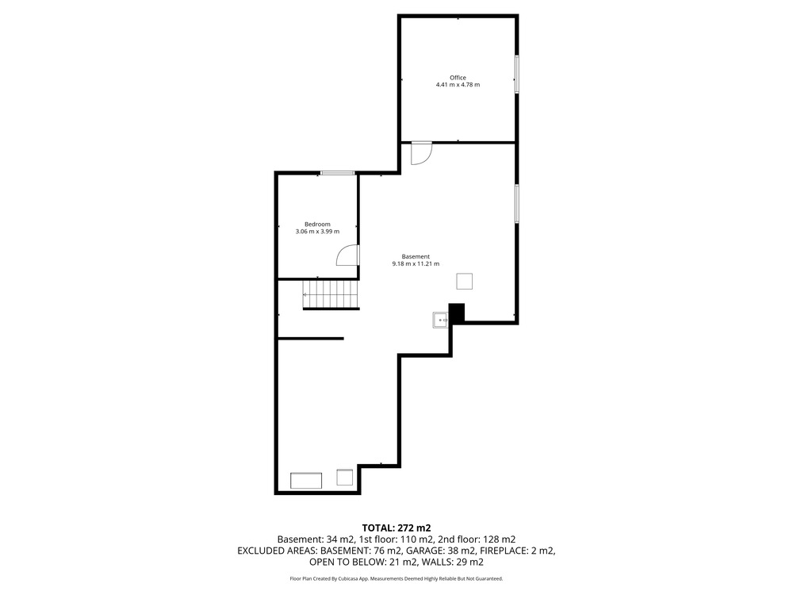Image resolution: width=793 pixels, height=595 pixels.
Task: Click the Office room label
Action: pos(458,78)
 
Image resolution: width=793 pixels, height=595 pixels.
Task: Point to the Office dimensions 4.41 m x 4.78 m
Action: pos(458,85)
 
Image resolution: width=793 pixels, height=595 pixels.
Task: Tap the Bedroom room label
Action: pos(317,225)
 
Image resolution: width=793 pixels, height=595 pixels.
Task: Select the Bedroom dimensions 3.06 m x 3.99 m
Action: pos(317,232)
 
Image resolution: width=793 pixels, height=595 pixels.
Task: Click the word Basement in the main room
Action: pos(416,256)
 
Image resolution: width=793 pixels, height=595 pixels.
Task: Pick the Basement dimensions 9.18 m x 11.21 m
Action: pos(416,263)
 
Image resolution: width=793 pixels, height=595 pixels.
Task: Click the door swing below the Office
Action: pos(421,153)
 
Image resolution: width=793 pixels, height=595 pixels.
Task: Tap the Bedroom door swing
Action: pos(348,255)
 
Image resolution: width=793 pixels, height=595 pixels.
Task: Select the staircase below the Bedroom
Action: pos(331,294)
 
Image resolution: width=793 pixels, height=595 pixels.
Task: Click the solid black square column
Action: pos(458,313)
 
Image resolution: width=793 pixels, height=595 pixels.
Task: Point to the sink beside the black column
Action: pos(440,321)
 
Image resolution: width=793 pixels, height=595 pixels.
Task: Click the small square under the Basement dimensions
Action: pos(464,282)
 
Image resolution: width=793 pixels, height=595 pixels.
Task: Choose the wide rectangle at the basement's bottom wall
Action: pos(306,481)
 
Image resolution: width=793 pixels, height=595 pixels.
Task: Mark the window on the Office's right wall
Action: pos(517,74)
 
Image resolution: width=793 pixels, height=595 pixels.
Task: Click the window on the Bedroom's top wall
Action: pos(338,173)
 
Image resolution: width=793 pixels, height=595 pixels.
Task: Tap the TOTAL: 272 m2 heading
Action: pos(396,528)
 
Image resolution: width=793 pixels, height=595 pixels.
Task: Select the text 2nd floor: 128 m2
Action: pos(477,539)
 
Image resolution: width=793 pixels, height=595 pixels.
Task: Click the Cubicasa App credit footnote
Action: pos(396,578)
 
